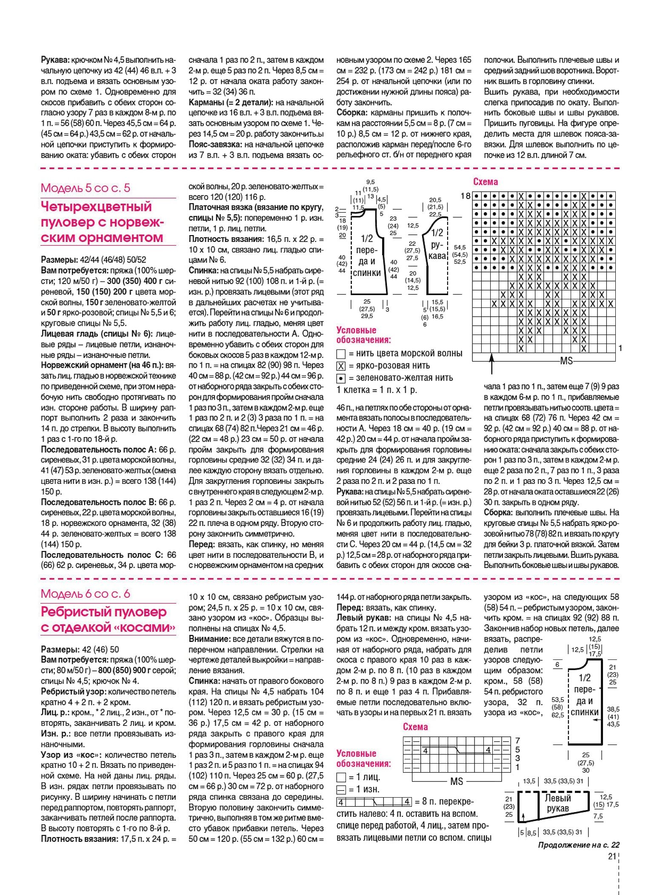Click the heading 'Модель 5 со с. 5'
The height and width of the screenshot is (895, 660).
(86, 188)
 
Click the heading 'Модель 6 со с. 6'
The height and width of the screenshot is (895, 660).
(86, 594)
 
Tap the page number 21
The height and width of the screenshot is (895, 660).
(612, 856)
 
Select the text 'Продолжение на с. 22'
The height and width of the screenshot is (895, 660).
(578, 845)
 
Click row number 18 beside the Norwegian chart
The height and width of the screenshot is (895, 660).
(466, 196)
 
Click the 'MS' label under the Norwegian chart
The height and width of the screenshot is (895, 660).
(566, 361)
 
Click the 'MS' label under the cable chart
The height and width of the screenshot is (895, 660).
(457, 781)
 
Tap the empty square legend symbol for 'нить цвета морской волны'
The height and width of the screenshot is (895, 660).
(341, 354)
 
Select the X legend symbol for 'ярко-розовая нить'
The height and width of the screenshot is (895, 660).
(341, 366)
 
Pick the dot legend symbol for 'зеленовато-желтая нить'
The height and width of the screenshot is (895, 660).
(341, 378)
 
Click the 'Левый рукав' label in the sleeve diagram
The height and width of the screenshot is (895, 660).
(558, 803)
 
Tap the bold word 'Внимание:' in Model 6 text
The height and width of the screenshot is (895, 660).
(208, 639)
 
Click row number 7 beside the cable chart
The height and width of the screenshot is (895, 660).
(517, 741)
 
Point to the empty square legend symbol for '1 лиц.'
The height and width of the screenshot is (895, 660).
(341, 778)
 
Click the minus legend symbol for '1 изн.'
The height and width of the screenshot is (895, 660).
(341, 790)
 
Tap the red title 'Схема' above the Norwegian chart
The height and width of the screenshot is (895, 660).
(486, 182)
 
